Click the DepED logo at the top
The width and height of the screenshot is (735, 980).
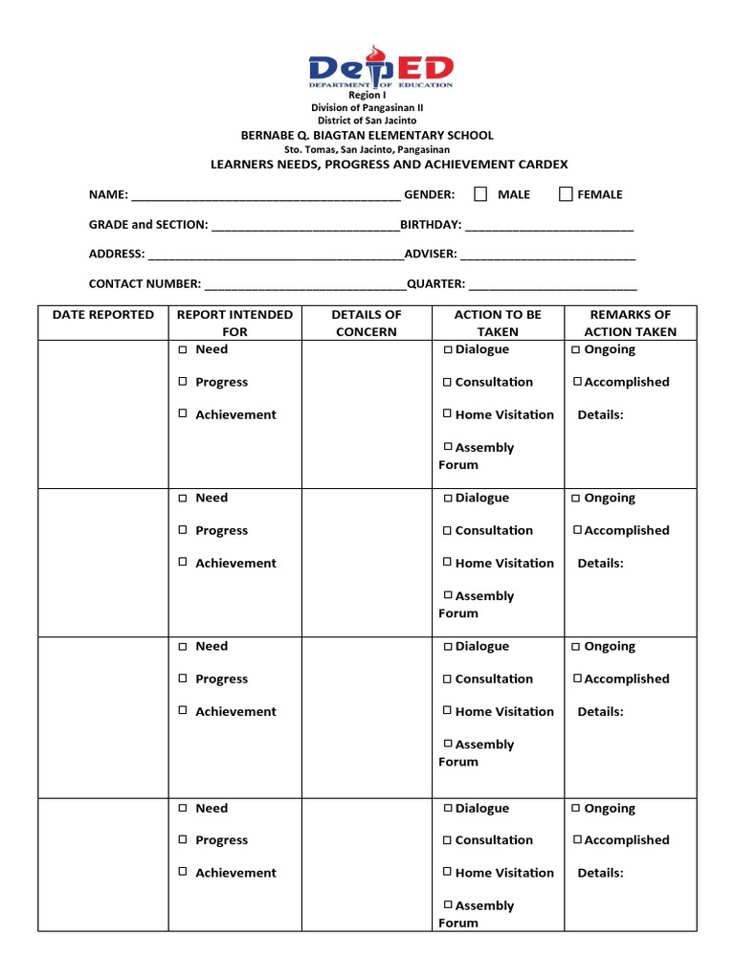click(x=380, y=72)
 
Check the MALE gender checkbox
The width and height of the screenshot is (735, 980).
click(x=480, y=194)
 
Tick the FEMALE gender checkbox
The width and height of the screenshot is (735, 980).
click(x=566, y=194)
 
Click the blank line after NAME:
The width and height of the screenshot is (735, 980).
click(x=265, y=196)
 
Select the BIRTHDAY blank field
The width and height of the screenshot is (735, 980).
click(x=548, y=226)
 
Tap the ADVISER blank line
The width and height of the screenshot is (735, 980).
click(x=547, y=256)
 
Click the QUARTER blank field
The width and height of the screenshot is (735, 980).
click(x=552, y=285)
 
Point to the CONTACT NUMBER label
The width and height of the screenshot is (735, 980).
click(x=145, y=284)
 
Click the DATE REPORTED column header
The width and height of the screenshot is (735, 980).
click(x=102, y=315)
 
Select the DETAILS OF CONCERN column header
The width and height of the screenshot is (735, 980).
click(x=366, y=323)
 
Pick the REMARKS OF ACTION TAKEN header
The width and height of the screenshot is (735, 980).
click(x=631, y=323)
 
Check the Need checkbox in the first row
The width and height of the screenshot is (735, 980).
click(x=182, y=349)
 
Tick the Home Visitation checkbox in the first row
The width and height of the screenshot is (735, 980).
click(x=447, y=414)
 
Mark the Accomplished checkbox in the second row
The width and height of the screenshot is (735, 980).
click(x=577, y=530)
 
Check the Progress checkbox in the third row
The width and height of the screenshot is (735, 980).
click(x=182, y=679)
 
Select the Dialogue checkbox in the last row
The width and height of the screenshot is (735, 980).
click(x=447, y=809)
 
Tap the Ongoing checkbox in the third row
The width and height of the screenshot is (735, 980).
click(x=576, y=647)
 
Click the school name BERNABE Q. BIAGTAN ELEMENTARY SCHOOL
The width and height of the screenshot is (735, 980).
click(x=367, y=136)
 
